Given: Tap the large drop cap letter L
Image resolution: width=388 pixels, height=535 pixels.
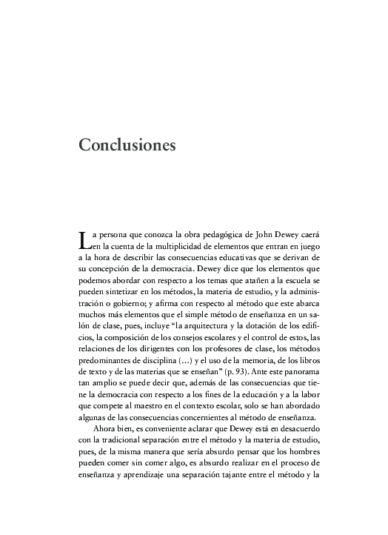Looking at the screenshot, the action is point(84,239).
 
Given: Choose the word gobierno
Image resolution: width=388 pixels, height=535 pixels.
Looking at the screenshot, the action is point(130,309).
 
